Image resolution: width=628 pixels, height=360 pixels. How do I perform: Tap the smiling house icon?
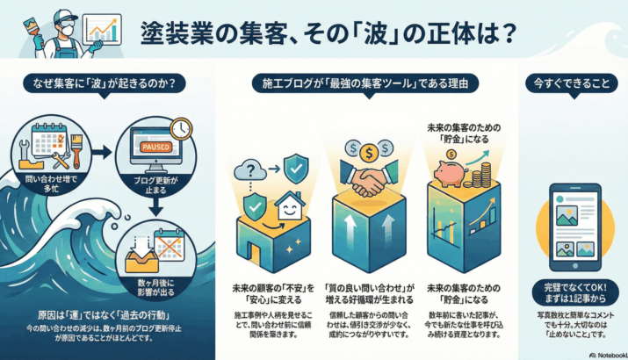[289, 208]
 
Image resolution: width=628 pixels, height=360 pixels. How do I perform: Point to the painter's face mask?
[62, 29]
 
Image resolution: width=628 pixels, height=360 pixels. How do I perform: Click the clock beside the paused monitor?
[182, 129]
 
